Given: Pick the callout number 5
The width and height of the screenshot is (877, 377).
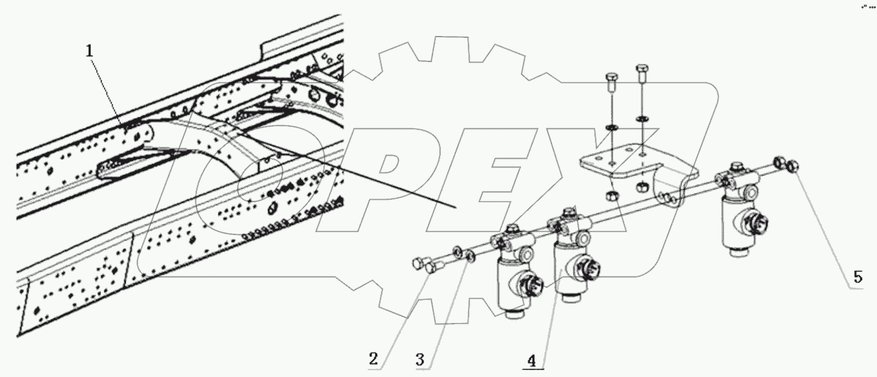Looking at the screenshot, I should [857, 277].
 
